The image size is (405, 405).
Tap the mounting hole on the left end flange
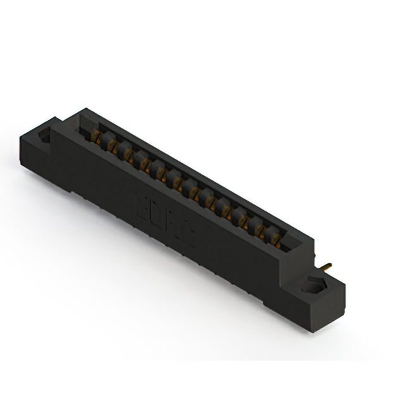tap(46, 137)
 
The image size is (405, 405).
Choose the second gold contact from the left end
tap(111, 145)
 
